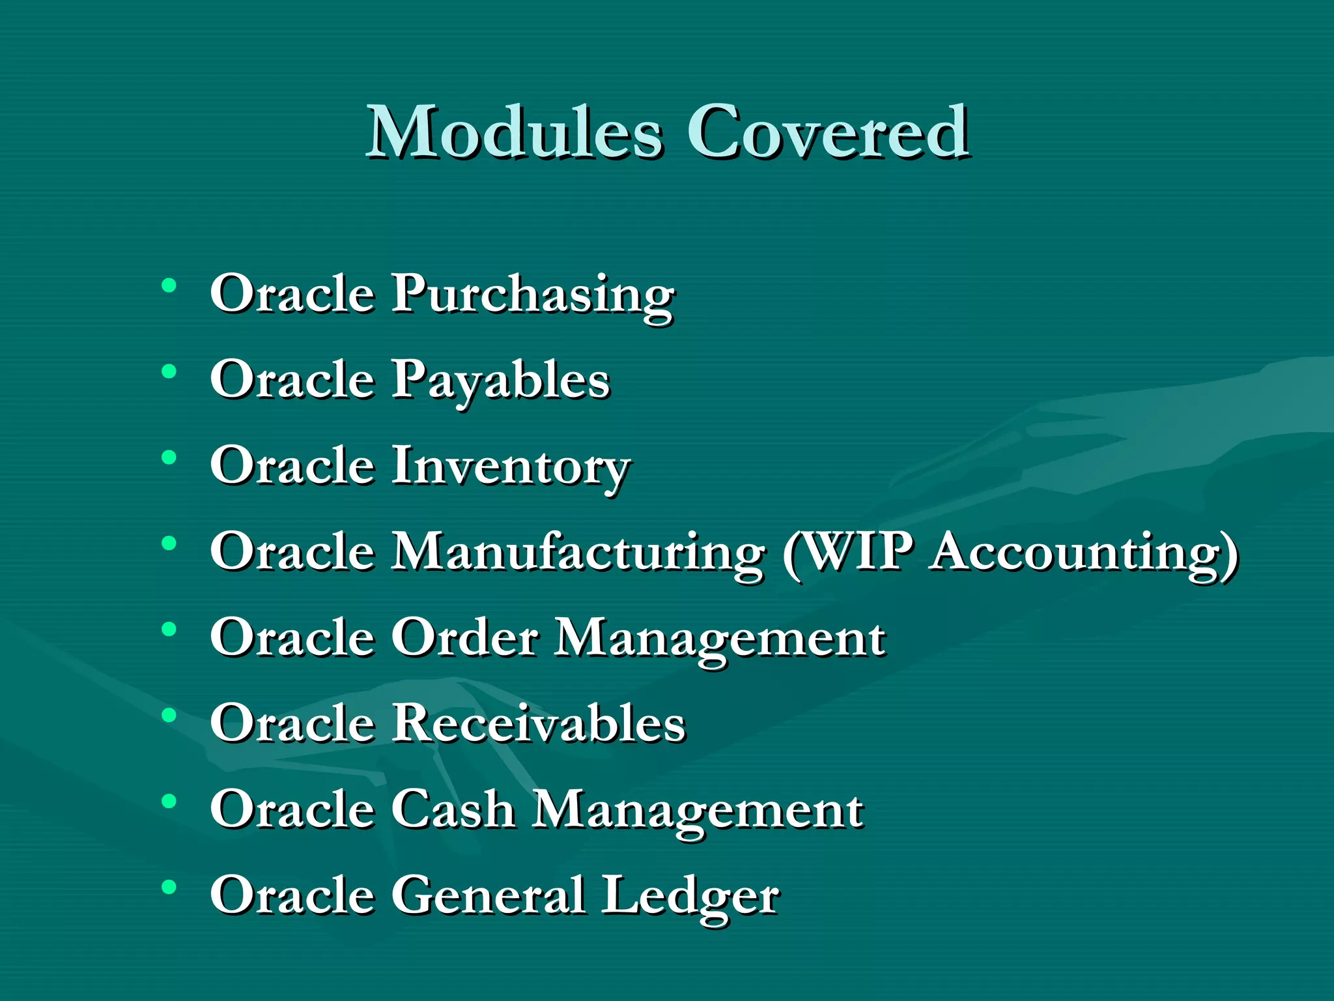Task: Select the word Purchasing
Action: click(x=533, y=295)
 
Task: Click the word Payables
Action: click(x=500, y=381)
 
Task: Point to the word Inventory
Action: click(x=511, y=467)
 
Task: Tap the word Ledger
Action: click(x=690, y=897)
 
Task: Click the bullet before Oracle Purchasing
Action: click(x=169, y=285)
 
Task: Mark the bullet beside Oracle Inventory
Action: click(x=169, y=457)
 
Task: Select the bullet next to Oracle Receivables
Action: click(x=169, y=715)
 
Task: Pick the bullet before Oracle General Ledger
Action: click(x=169, y=887)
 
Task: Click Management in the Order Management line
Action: click(x=720, y=639)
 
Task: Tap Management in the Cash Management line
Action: click(x=698, y=811)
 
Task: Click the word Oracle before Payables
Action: click(x=292, y=380)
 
